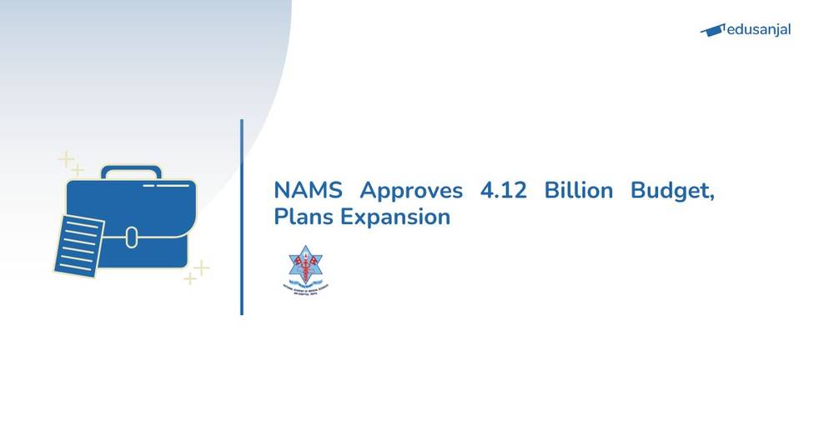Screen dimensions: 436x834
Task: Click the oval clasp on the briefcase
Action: tap(131, 237)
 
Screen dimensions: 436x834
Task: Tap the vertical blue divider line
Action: tap(242, 217)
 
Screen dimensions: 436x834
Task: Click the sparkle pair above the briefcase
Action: tap(70, 163)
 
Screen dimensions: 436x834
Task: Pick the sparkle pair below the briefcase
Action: tap(197, 272)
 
